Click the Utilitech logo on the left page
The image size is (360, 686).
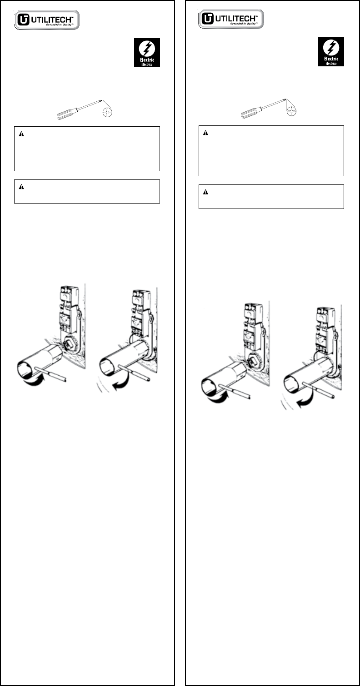click(47, 20)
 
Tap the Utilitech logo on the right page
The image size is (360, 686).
click(231, 19)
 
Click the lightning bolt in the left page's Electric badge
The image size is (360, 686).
click(147, 49)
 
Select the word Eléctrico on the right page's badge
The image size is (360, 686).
click(331, 64)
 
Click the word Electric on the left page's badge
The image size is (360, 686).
click(147, 60)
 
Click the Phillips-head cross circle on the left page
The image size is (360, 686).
click(108, 112)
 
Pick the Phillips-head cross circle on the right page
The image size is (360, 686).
click(292, 111)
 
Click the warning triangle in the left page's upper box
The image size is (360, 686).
click(21, 134)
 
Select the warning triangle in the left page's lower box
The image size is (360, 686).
click(21, 187)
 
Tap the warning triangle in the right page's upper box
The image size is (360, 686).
click(205, 133)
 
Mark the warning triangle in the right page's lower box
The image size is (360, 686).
click(205, 192)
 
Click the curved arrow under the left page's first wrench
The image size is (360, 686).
click(34, 381)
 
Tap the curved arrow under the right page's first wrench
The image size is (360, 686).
click(219, 398)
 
